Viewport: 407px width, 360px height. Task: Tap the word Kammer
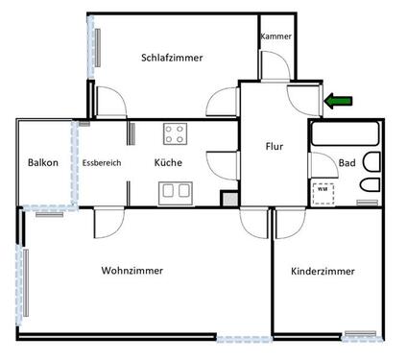(x=275, y=36)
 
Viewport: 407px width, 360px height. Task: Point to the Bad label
(x=347, y=163)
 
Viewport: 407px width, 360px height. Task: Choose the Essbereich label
(x=102, y=163)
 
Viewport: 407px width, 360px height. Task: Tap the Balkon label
(x=42, y=163)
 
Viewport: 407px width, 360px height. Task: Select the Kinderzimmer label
(x=323, y=272)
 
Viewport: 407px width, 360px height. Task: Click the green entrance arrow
(x=339, y=100)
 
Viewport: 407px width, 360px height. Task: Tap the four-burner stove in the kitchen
(x=176, y=132)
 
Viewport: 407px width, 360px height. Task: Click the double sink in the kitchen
(x=176, y=191)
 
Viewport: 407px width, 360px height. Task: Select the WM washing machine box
(x=322, y=190)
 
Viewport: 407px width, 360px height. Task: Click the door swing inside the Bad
(x=320, y=162)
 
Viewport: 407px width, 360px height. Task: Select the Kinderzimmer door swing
(x=285, y=223)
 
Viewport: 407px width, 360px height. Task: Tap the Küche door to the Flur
(x=224, y=162)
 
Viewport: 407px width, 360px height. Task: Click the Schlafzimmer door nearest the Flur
(x=224, y=102)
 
